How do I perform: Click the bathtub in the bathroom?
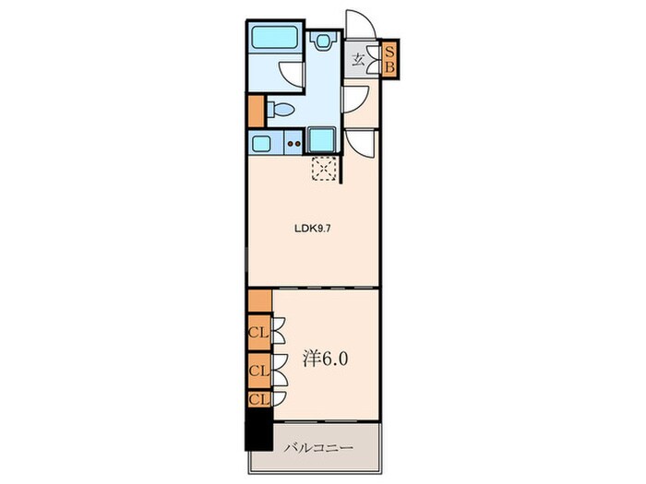click(274, 37)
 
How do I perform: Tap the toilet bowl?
click(281, 110)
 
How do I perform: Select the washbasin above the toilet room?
click(324, 41)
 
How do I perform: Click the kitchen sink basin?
click(261, 144)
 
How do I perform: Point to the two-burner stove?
click(294, 143)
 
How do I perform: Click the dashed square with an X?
click(324, 168)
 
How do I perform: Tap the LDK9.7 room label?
click(312, 229)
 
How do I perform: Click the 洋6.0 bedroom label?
click(326, 360)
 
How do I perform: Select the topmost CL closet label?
click(259, 332)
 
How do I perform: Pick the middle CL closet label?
click(259, 371)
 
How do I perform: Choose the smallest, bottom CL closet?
click(260, 399)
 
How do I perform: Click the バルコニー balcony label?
click(319, 447)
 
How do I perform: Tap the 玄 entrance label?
click(358, 61)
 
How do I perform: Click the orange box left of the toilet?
click(257, 111)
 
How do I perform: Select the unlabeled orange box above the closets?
click(260, 301)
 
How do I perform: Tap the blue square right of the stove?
click(321, 139)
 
